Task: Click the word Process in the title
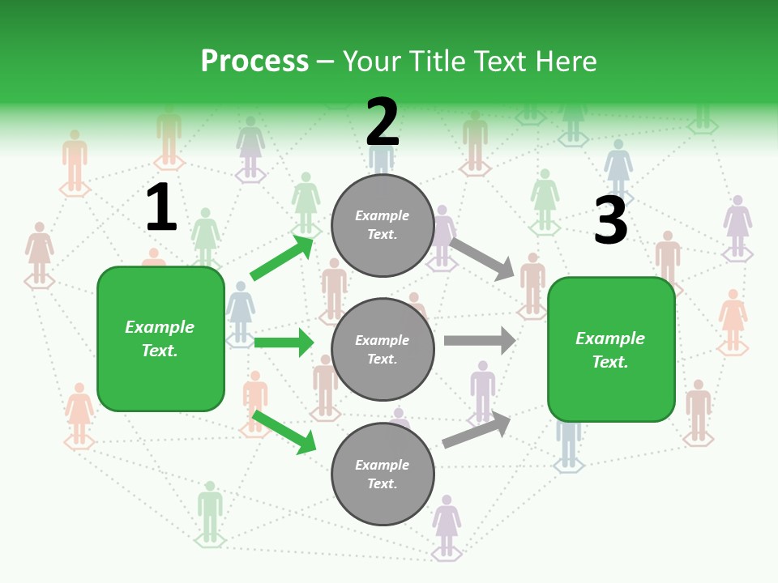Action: (x=254, y=62)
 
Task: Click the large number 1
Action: (x=161, y=208)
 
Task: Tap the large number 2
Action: (x=383, y=122)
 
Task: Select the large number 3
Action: (x=610, y=221)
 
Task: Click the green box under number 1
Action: (x=160, y=338)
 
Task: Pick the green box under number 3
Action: (x=611, y=350)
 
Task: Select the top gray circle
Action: (x=383, y=225)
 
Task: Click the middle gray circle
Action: (x=383, y=350)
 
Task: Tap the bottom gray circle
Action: (x=383, y=474)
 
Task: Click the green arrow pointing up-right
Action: (x=282, y=257)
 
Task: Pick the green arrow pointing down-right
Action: (x=284, y=432)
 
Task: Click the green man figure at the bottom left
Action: (x=210, y=512)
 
